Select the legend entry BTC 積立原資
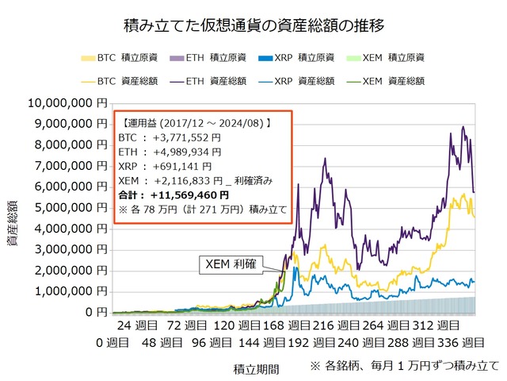pyautogui.click(x=114, y=58)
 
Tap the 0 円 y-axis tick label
pyautogui.click(x=97, y=313)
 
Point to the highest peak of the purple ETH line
pyautogui.click(x=463, y=127)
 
